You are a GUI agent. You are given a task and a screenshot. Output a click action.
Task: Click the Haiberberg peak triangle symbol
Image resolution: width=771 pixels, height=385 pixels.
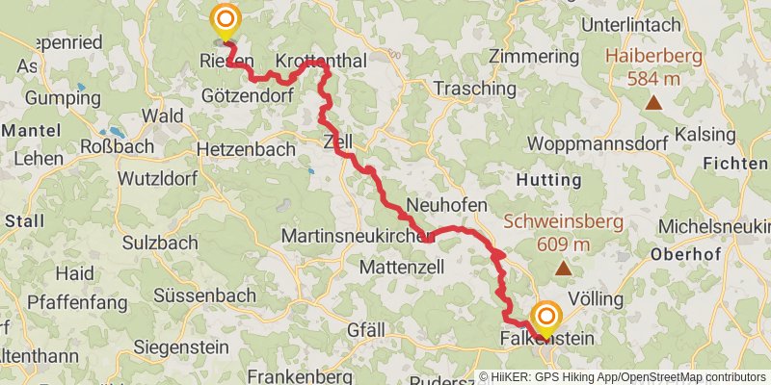tap(654, 103)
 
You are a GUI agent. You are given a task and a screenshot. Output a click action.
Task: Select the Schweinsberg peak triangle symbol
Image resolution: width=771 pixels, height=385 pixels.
tap(562, 269)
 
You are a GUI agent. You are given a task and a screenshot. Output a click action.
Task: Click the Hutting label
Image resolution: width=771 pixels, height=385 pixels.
tap(549, 180)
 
